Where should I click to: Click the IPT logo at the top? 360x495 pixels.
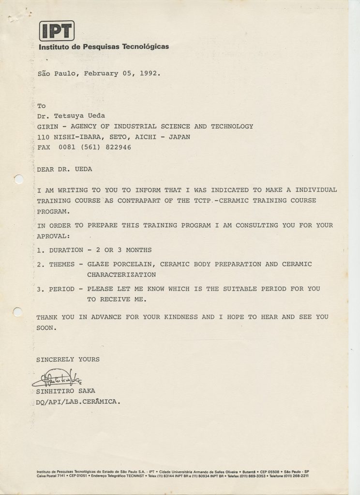pyautogui.click(x=57, y=31)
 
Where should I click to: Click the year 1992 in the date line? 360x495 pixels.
pyautogui.click(x=150, y=74)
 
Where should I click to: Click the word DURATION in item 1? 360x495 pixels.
pyautogui.click(x=64, y=250)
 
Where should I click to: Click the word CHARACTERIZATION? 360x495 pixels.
pyautogui.click(x=121, y=275)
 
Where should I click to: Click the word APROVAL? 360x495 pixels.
pyautogui.click(x=53, y=236)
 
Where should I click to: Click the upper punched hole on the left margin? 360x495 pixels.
pyautogui.click(x=18, y=180)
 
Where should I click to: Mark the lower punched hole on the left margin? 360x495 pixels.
pyautogui.click(x=17, y=312)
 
